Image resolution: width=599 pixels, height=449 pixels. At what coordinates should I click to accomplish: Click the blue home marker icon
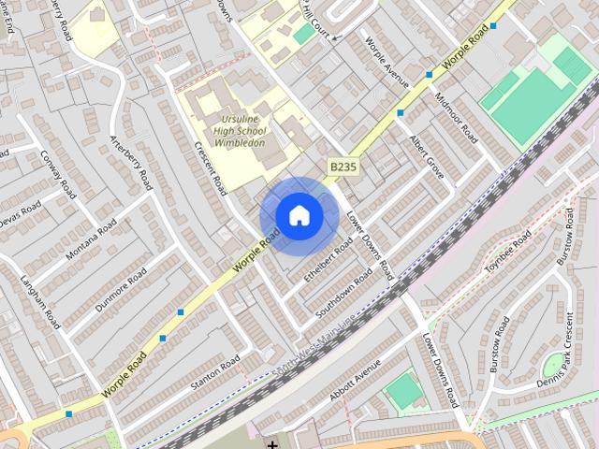pos(299,216)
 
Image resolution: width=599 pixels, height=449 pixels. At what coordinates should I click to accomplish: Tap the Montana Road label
pos(91,240)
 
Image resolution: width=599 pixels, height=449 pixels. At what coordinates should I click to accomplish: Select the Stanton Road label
pos(215,373)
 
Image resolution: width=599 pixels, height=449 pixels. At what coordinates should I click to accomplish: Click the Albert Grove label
pos(426,154)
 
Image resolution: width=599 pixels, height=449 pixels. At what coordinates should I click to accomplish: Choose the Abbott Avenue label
pos(355,382)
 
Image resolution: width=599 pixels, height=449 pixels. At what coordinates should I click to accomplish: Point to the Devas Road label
pos(19,208)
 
